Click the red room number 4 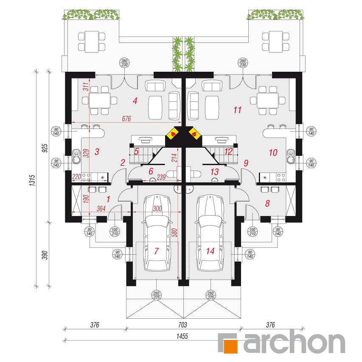click(x=135, y=101)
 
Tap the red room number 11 click(x=237, y=110)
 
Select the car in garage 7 click(x=157, y=233)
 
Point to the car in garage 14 click(x=210, y=233)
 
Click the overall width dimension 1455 click(x=182, y=336)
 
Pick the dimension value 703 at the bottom click(x=182, y=325)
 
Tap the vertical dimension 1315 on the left click(x=32, y=180)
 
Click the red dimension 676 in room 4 click(x=126, y=119)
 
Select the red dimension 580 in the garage click(x=175, y=233)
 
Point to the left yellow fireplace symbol click(x=173, y=133)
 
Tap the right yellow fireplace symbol click(x=195, y=133)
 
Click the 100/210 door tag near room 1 click(x=115, y=232)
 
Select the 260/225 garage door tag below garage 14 click(x=210, y=295)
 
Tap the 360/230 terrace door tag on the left click(x=125, y=63)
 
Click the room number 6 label click(x=151, y=171)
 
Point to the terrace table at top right click(x=276, y=42)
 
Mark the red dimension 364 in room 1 click(x=101, y=208)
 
